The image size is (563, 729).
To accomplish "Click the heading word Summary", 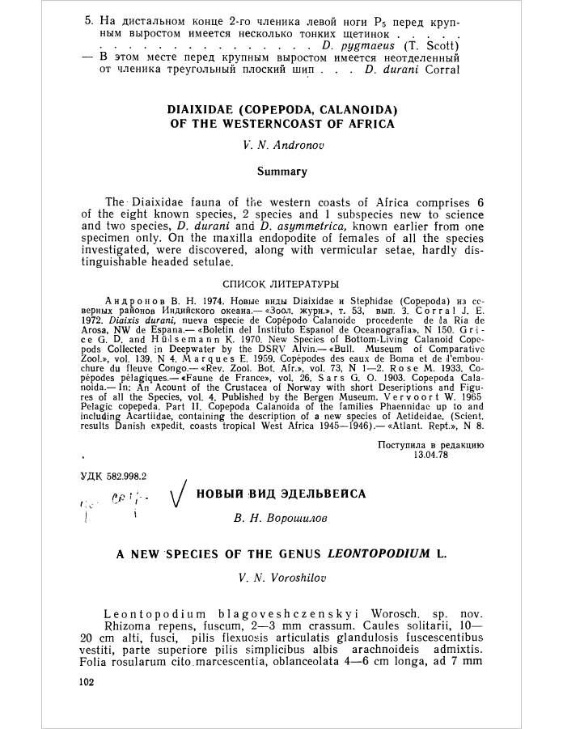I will pyautogui.click(x=281, y=171).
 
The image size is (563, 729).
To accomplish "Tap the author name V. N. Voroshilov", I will pyautogui.click(x=281, y=578).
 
